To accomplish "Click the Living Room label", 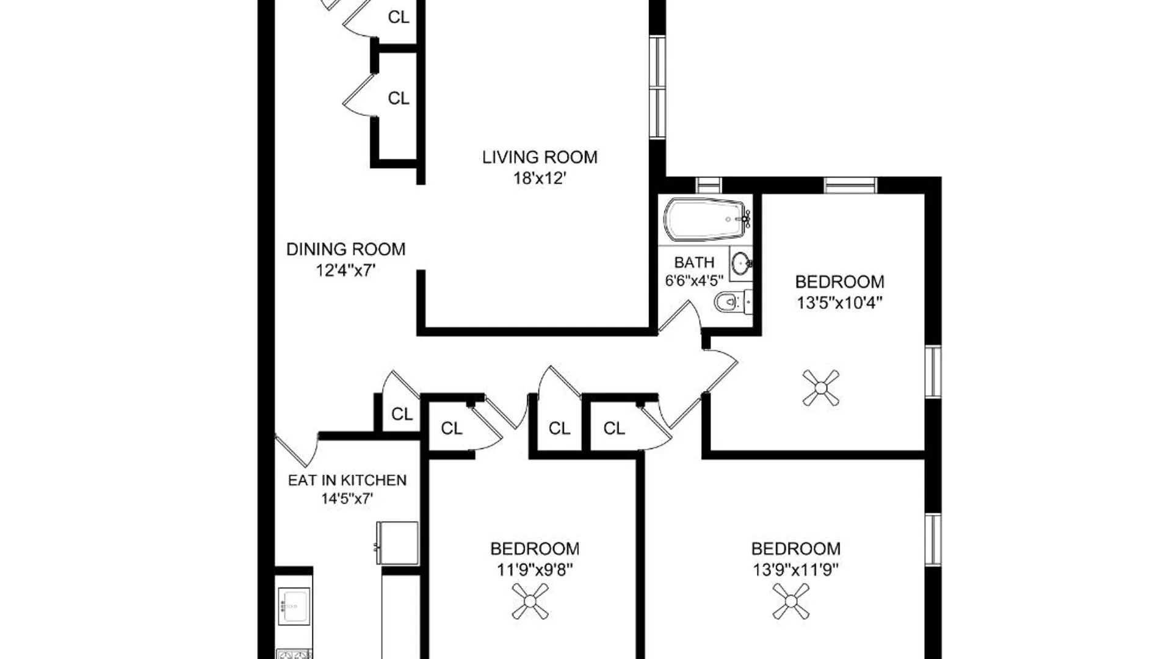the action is (540, 157).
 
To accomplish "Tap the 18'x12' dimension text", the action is (540, 178).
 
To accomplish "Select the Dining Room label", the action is (345, 249).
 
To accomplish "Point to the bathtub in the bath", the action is (707, 219).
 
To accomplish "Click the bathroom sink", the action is (741, 264).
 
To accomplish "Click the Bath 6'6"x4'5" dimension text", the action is (694, 280).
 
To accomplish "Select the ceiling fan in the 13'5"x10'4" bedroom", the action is (821, 387).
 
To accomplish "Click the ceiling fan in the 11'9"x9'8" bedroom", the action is (530, 602).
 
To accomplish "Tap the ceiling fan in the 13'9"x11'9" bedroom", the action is (791, 602).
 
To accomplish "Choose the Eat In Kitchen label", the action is (347, 480).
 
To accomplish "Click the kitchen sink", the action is (294, 606).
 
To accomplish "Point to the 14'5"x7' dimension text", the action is (347, 499).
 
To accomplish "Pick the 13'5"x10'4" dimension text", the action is (840, 303).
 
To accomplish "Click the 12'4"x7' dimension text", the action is (345, 270).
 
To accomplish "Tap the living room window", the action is (657, 87).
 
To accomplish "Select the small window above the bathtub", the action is (709, 185).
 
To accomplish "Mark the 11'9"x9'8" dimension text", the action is (535, 570).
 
